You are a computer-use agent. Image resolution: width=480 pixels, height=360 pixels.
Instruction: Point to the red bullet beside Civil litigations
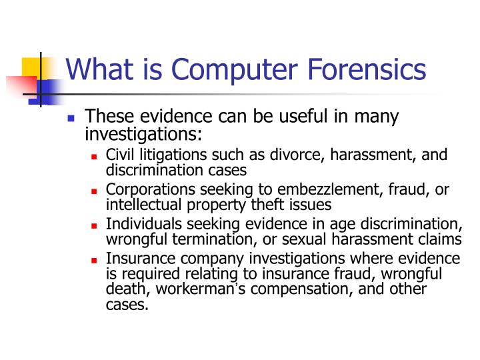[x=95, y=157]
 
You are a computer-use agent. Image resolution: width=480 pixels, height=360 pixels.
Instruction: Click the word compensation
[x=297, y=289]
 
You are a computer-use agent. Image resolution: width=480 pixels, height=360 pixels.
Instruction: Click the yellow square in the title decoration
[x=32, y=69]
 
